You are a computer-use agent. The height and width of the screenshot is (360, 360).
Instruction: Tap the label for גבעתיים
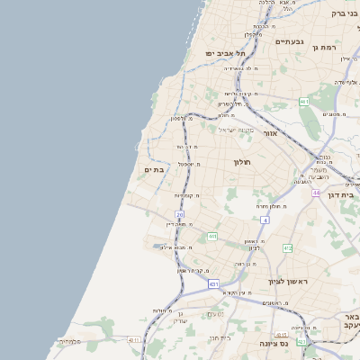click(290, 41)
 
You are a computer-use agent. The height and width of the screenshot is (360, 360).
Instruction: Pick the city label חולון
click(242, 162)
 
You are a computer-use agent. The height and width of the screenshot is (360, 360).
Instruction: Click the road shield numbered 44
click(316, 193)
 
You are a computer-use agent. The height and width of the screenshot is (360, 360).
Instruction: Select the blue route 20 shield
click(180, 214)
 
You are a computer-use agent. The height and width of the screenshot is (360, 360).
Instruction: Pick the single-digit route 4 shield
click(265, 220)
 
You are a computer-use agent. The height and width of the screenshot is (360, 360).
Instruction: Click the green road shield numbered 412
click(288, 247)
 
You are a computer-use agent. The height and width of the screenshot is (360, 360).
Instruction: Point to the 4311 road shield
click(133, 340)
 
